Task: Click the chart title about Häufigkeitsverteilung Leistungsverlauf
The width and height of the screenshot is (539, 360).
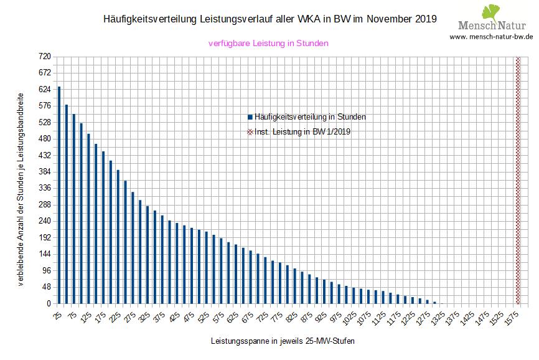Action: [x=269, y=19]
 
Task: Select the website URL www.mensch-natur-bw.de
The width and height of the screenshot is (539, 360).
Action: [x=491, y=37]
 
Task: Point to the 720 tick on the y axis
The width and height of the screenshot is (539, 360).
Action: [x=44, y=57]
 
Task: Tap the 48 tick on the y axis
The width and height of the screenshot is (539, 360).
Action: [x=46, y=287]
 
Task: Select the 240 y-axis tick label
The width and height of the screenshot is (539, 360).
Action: [x=44, y=221]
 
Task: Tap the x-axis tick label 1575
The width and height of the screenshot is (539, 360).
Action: [x=512, y=318]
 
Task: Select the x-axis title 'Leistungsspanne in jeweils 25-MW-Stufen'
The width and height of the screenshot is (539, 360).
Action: [x=283, y=341]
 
